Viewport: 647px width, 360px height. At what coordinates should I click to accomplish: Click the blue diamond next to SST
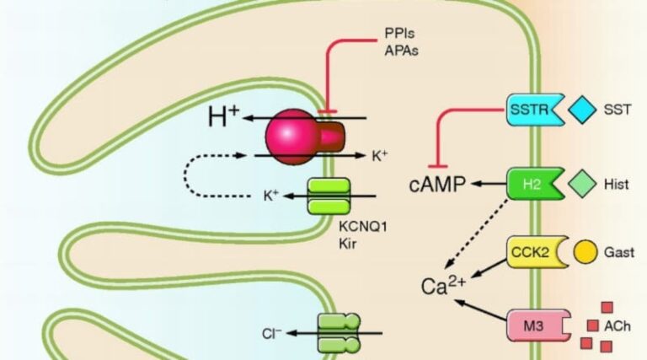[582, 110]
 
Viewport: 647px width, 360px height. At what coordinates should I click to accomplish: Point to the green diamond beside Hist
[582, 184]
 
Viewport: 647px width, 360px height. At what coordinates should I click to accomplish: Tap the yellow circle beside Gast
[586, 252]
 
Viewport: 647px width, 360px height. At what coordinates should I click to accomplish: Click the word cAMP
[437, 184]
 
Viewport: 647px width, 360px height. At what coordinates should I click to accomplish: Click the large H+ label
[223, 116]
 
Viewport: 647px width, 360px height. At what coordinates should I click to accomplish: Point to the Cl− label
[271, 334]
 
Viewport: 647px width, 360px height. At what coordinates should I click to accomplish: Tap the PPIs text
[399, 33]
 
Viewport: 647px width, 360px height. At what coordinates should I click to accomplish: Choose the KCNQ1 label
[363, 227]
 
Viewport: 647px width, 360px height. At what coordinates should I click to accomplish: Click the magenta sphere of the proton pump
[291, 137]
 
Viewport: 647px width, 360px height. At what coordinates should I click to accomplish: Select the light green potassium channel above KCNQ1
[329, 196]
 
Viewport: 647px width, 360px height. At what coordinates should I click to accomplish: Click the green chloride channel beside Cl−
[339, 333]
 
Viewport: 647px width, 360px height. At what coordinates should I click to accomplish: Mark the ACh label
[618, 326]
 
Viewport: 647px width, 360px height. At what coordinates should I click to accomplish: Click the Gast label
[619, 252]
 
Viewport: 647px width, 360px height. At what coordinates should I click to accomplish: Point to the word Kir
[347, 244]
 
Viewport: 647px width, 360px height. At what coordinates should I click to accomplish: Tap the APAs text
[401, 51]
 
